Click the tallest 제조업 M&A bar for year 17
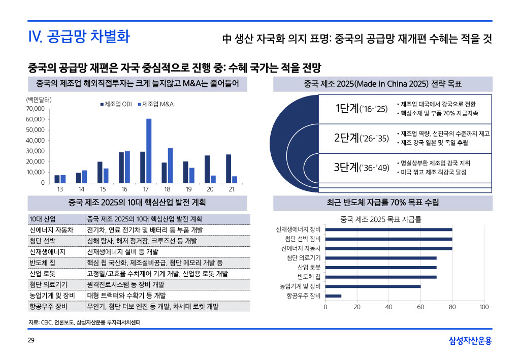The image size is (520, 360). [x=149, y=150]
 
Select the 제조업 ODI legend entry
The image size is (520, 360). [x=116, y=104]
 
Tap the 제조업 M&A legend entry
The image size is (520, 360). [x=156, y=104]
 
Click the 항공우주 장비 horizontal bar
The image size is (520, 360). [x=333, y=296]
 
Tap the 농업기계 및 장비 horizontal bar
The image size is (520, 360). [x=373, y=286]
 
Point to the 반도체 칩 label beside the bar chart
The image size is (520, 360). [x=309, y=277]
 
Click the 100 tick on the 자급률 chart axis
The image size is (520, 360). [x=483, y=307]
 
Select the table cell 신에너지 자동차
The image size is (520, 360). [x=51, y=230]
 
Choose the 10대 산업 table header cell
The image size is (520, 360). [x=43, y=219]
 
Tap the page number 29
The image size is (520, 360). [x=30, y=340]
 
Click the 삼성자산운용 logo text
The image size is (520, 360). [x=470, y=341]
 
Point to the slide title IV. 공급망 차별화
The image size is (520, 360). [x=79, y=37]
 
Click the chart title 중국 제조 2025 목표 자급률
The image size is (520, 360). [x=381, y=219]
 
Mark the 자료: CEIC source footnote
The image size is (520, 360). [x=84, y=322]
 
